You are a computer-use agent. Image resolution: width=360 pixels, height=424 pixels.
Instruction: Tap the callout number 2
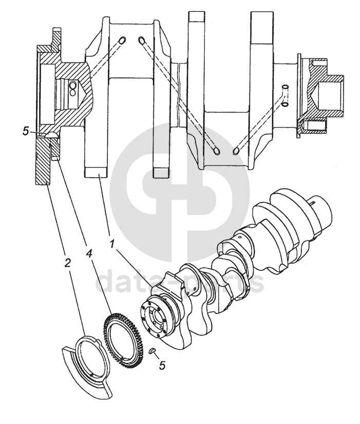coord(67,263)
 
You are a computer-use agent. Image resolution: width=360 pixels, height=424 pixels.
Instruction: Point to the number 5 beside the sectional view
coord(26,132)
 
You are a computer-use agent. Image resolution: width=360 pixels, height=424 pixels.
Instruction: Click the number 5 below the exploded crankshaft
coord(163,366)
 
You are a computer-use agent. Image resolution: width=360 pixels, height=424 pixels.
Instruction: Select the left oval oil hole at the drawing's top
coord(122,41)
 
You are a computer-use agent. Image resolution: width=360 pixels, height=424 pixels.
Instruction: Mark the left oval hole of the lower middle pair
coord(217,150)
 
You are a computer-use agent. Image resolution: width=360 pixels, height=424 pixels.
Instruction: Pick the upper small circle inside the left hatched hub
coord(73,84)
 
